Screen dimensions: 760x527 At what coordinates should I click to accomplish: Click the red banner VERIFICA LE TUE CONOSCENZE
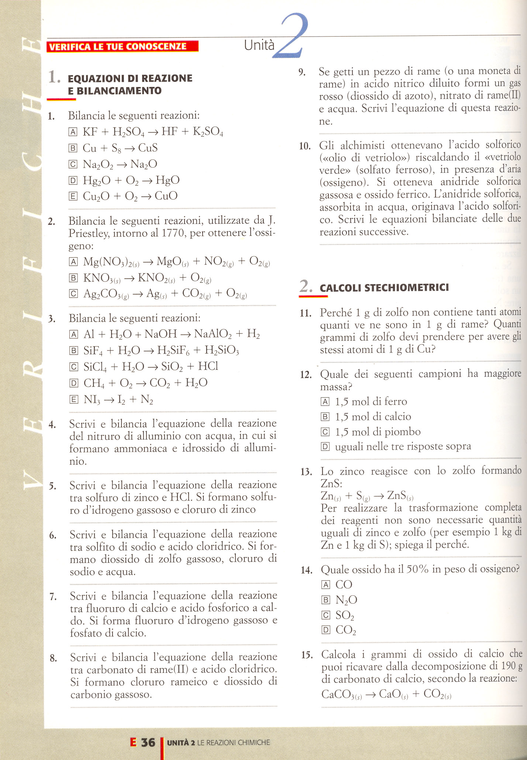click(122, 47)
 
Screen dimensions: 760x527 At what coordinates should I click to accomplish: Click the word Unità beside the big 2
click(259, 45)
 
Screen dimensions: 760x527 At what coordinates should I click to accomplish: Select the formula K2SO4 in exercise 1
click(208, 132)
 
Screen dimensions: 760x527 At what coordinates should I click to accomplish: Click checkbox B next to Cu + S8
click(73, 148)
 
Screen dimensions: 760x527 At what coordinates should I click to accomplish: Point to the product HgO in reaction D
click(168, 180)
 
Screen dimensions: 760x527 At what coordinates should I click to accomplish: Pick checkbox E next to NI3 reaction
click(74, 399)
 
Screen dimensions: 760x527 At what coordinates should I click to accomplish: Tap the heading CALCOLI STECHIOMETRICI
click(384, 288)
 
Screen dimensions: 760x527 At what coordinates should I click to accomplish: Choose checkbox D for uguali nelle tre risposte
click(325, 447)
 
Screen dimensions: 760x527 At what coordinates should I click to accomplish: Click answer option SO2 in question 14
click(345, 615)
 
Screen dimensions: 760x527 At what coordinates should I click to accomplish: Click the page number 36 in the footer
click(148, 742)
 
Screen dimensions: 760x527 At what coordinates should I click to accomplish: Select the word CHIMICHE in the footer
click(254, 742)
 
